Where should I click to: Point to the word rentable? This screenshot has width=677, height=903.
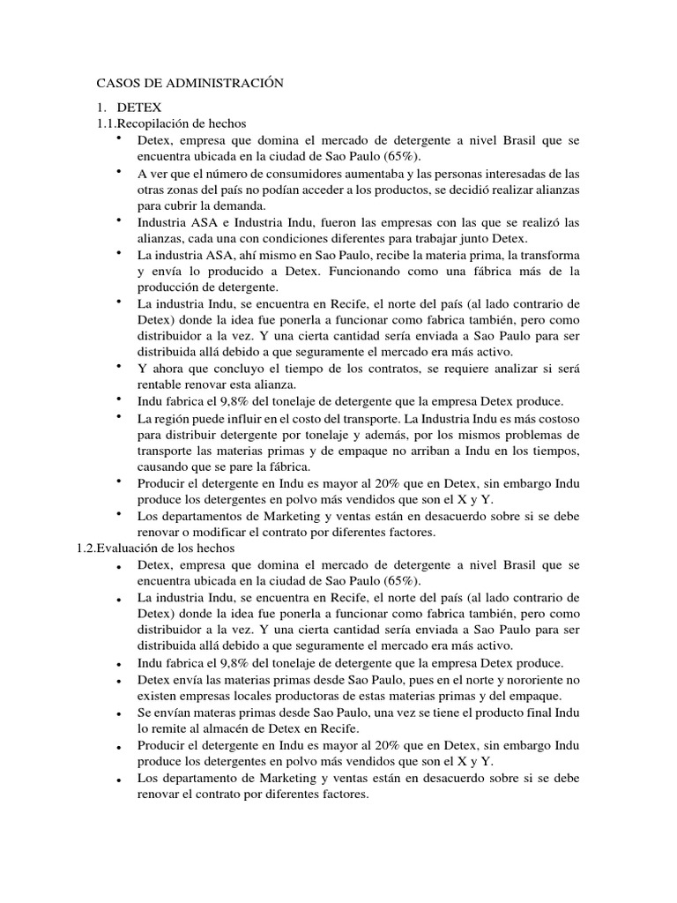click(x=162, y=384)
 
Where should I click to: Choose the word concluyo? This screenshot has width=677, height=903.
click(x=266, y=368)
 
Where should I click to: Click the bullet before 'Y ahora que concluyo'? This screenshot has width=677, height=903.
click(x=118, y=365)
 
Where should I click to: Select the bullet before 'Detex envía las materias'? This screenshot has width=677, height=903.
click(x=118, y=680)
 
